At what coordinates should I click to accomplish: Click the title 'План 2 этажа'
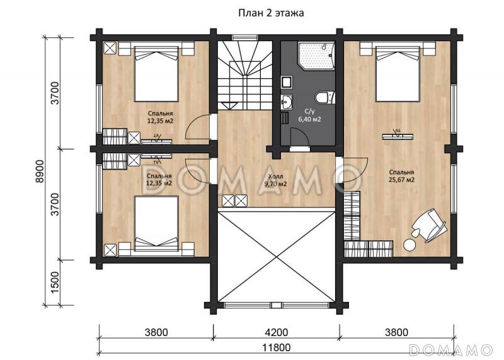coord(271,13)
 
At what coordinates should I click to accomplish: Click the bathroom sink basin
coord(287,102)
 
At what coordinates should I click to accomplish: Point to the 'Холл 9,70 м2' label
coord(275,180)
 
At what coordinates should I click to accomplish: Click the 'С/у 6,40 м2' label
coord(309,115)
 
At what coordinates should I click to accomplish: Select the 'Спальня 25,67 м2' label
coord(401,176)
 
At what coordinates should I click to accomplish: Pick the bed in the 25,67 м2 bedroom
coord(398,74)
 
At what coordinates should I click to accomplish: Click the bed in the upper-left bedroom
coord(156,74)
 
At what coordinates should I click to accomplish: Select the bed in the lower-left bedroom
coord(156,223)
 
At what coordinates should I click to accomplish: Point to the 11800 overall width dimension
coord(277,347)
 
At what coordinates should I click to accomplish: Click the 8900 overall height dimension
coord(40,171)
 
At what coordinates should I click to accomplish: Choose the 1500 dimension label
coord(55,282)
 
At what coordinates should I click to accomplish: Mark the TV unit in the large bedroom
coord(398,136)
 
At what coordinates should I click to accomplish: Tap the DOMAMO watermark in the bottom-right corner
coord(451,350)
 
